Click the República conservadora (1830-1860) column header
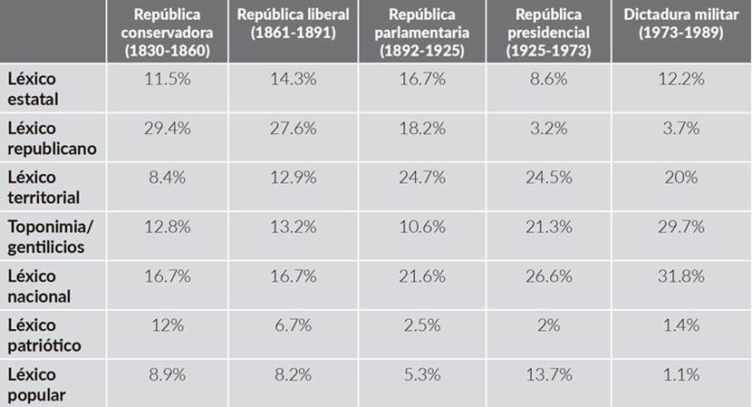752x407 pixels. pos(167,33)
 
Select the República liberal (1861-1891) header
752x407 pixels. pos(294,24)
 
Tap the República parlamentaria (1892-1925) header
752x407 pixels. pos(420,33)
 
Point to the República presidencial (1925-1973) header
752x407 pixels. pos(547,33)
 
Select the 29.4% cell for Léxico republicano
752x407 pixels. pos(167,129)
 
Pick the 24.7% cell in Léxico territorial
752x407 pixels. pos(420,178)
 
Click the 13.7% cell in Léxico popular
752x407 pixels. pos(547,375)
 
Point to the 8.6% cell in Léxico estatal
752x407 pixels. pos(547,79)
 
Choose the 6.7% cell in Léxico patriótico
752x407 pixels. pos(294,325)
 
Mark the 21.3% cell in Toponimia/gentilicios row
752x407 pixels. pos(547,227)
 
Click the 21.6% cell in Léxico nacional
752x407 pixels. pos(420,276)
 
